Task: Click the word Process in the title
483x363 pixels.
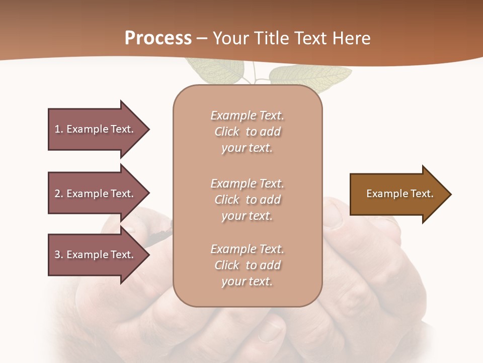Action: (x=158, y=38)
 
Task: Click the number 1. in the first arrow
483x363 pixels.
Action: (x=58, y=129)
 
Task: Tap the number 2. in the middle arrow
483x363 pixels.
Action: (x=58, y=194)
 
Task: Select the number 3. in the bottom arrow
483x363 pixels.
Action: (x=58, y=255)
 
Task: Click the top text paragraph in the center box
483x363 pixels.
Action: (x=247, y=132)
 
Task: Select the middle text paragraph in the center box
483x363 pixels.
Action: (x=247, y=200)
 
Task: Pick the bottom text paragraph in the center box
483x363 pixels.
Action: (x=247, y=265)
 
